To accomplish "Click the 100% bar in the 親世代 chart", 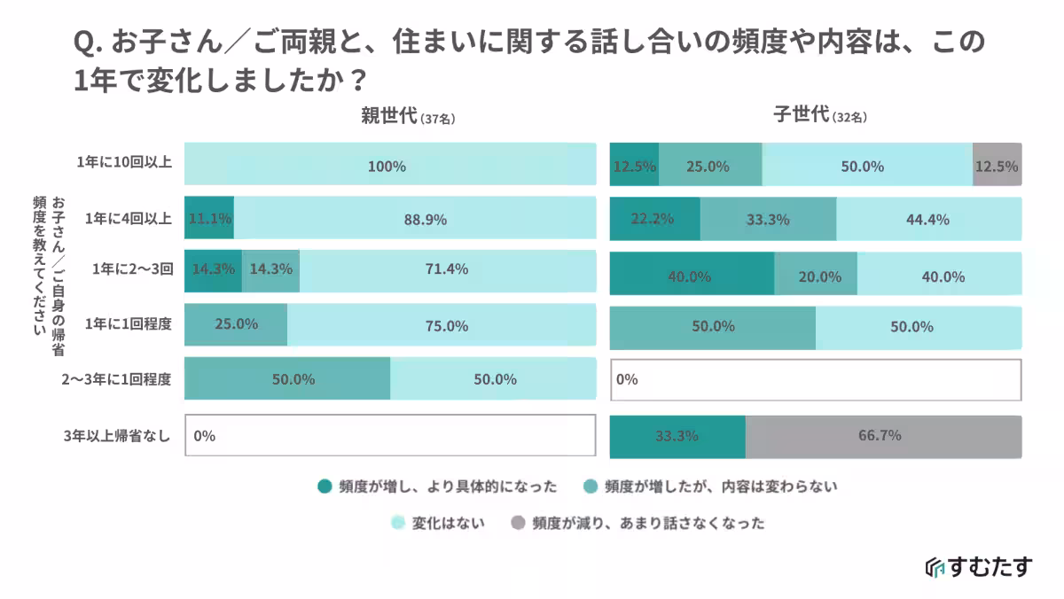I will pos(389,166).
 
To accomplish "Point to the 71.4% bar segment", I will pos(447,270).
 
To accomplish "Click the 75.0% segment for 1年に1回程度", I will pos(441,325).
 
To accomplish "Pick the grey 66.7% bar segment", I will pos(883,436).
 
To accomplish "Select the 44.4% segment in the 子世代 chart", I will pos(928,219).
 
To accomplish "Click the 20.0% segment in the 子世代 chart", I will pos(816,275).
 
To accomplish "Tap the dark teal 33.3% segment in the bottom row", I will pos(677,436).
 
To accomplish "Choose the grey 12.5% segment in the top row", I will pos(997,166).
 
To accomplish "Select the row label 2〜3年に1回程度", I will pos(117,379).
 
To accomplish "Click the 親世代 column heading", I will pos(388,116).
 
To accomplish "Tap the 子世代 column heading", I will pos(802,115).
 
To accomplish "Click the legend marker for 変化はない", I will pos(398,523).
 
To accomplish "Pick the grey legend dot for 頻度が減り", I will pos(518,523).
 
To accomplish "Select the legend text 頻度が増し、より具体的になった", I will pos(448,486).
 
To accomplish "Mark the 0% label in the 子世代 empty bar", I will pos(627,380).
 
